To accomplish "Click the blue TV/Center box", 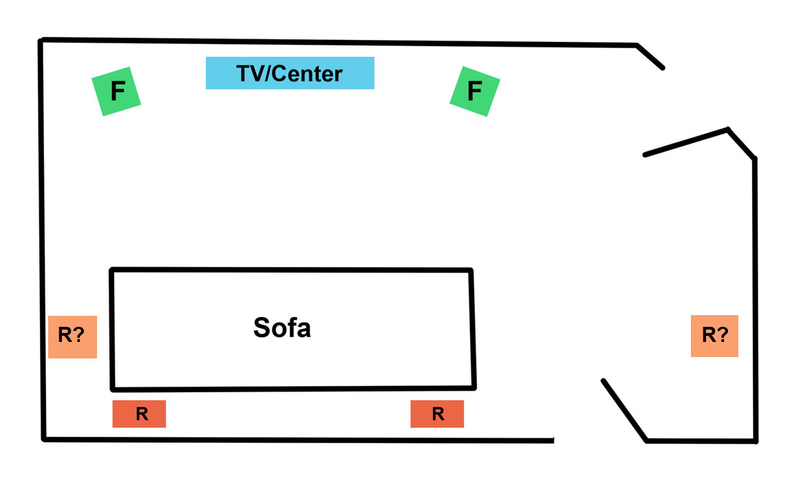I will [x=290, y=73].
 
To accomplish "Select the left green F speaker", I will [x=116, y=91].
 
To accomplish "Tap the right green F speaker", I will [x=474, y=91].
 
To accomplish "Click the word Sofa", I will [x=282, y=328].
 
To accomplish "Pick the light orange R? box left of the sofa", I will [x=72, y=336].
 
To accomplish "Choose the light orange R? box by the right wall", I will [x=714, y=336].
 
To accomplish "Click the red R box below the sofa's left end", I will [x=139, y=414].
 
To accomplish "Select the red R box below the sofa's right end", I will [x=437, y=414].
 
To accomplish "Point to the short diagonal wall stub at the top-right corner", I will [x=650, y=57].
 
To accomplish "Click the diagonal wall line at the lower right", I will [x=625, y=410].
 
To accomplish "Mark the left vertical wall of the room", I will [x=42, y=241].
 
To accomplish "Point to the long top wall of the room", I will [x=337, y=43].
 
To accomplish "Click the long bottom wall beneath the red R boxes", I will [x=296, y=439].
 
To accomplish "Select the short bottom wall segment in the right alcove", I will [x=702, y=441].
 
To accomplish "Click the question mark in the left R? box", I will [x=82, y=336].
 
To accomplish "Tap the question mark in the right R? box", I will [x=725, y=336].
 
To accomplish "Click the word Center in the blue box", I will [x=308, y=73].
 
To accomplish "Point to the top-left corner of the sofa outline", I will [x=112, y=270].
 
